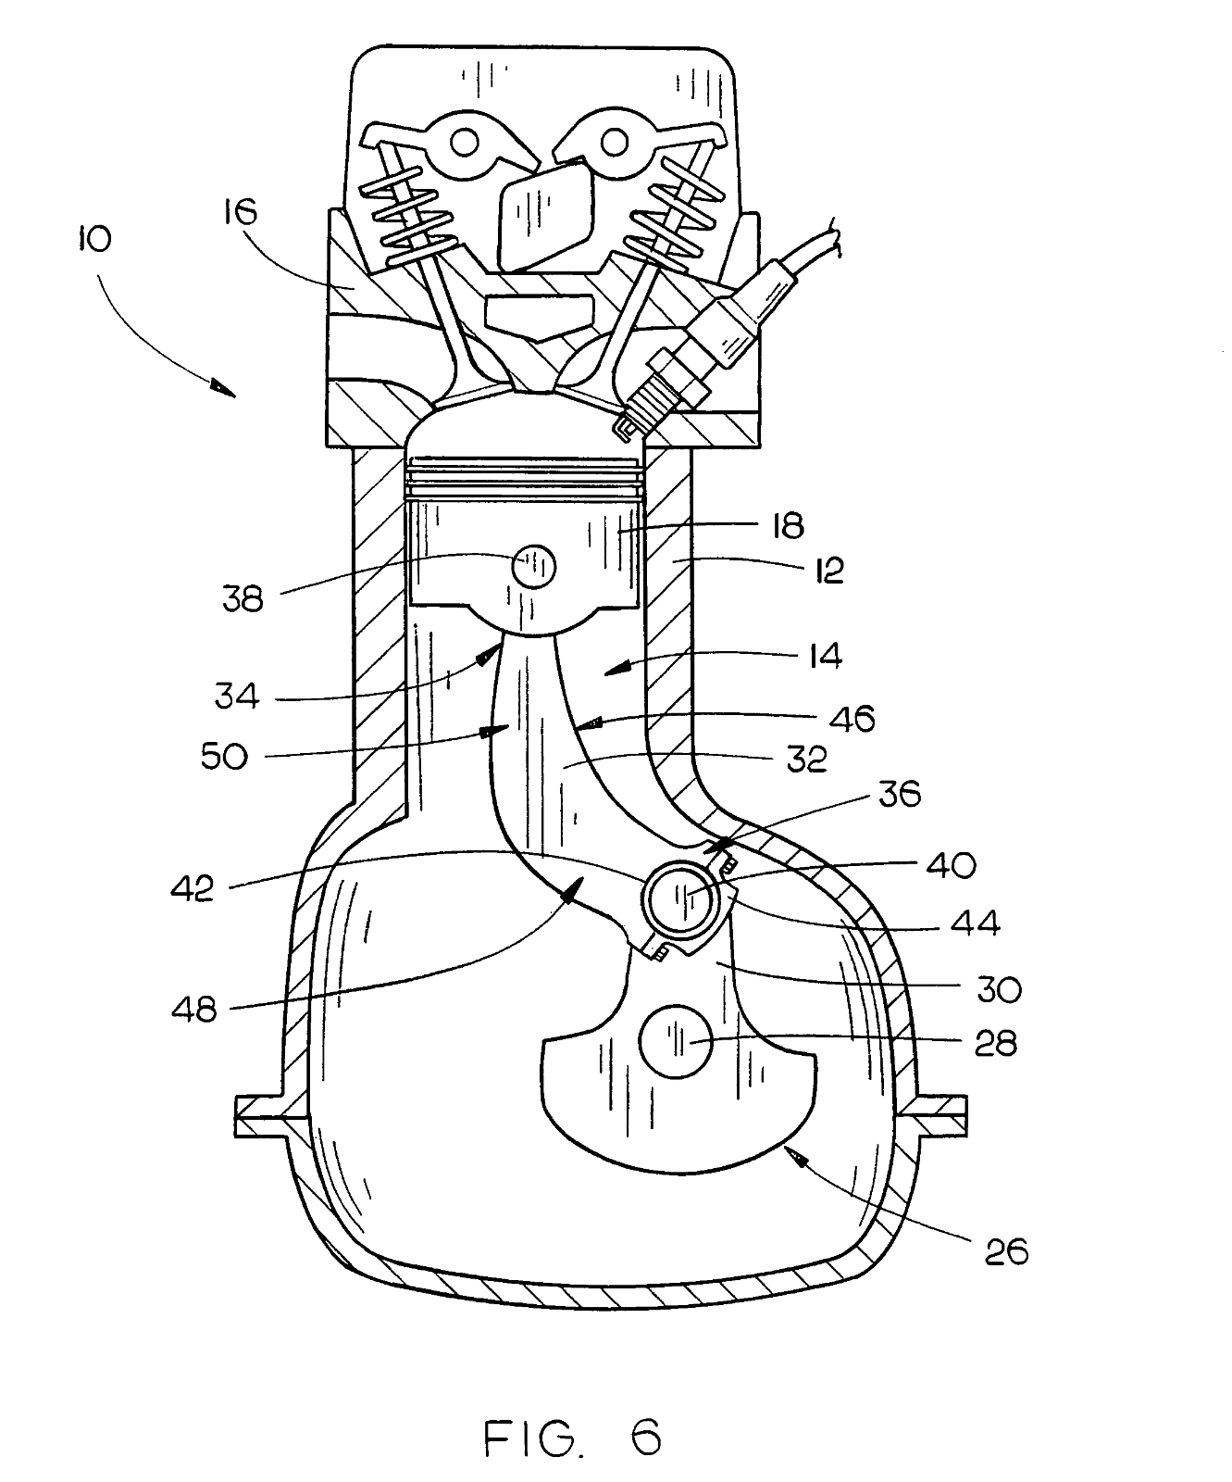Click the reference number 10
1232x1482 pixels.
click(95, 239)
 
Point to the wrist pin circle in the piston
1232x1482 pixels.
click(533, 566)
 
